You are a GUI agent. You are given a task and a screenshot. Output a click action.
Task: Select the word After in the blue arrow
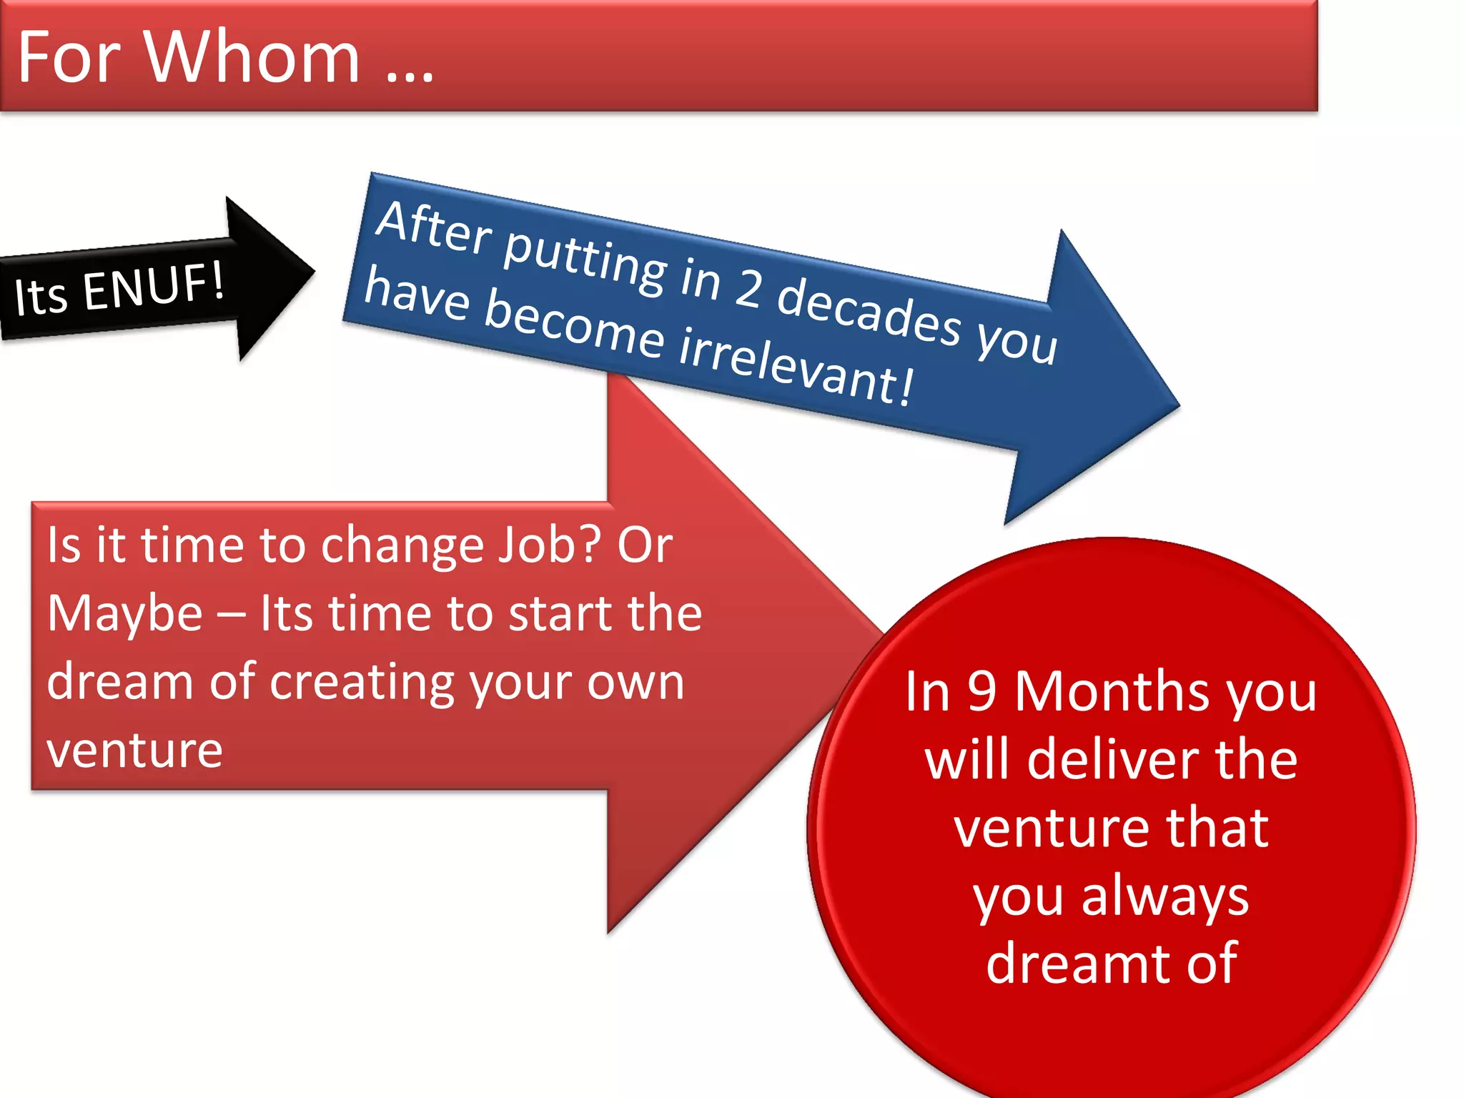pyautogui.click(x=434, y=228)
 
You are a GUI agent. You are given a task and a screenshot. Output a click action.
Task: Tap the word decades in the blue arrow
pyautogui.click(x=869, y=314)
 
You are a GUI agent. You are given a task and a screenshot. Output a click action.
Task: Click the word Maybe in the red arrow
pyautogui.click(x=125, y=614)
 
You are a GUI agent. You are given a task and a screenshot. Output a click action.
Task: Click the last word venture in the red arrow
pyautogui.click(x=134, y=751)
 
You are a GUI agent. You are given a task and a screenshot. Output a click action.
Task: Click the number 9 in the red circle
pyautogui.click(x=982, y=691)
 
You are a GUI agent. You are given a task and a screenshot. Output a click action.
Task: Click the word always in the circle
pyautogui.click(x=1164, y=897)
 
